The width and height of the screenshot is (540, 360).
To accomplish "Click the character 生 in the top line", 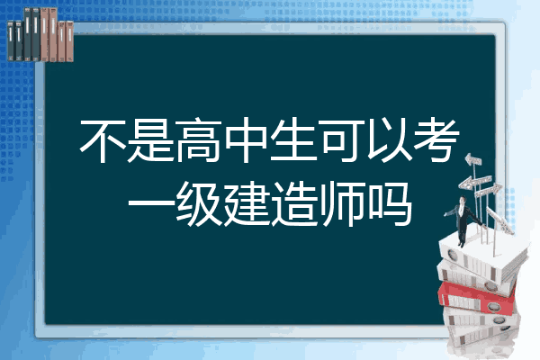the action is click(293, 140).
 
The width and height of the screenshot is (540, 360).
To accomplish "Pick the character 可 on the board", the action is click(342, 140).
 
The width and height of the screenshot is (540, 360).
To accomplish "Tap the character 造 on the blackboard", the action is click(294, 203).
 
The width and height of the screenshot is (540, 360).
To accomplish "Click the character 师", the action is click(342, 203).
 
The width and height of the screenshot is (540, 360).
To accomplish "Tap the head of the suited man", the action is click(463, 200).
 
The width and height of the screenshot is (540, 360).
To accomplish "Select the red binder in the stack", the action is click(477, 298).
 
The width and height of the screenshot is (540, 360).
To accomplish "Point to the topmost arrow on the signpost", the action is click(473, 159).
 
